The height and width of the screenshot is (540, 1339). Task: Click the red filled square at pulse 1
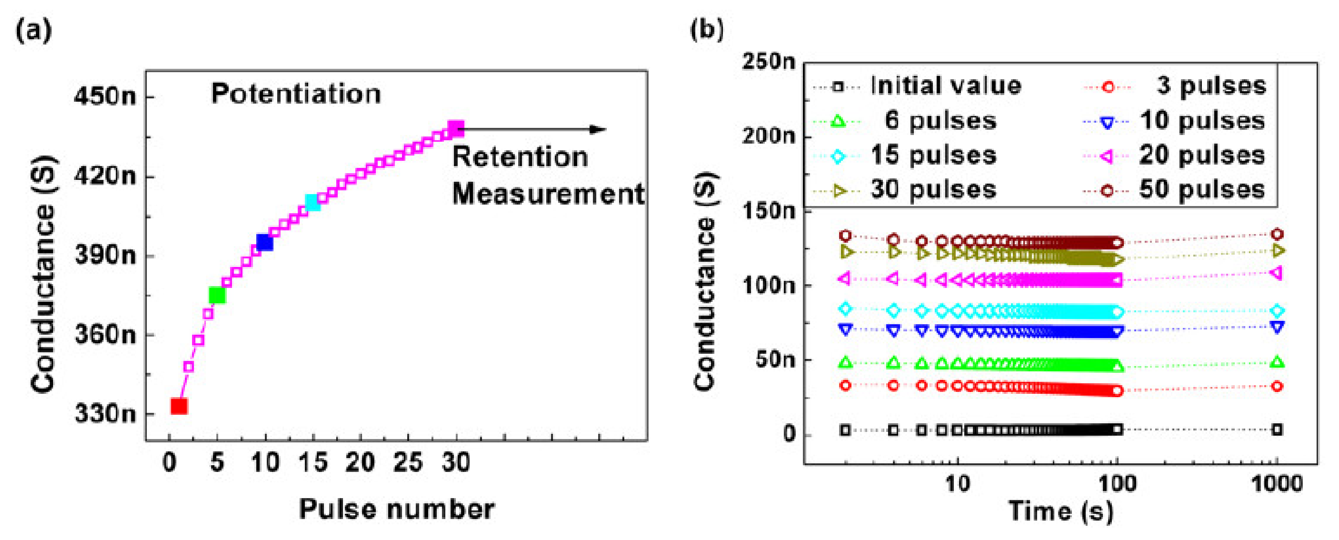pos(179,406)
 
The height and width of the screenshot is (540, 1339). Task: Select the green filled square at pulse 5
pos(217,295)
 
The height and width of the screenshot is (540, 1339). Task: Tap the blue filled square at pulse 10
pos(265,242)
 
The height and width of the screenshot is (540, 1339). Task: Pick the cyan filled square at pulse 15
pos(312,202)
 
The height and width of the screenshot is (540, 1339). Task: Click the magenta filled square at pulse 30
pos(456,129)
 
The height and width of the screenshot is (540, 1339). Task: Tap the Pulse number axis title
pos(397,509)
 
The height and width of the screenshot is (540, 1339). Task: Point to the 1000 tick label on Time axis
pos(1277,484)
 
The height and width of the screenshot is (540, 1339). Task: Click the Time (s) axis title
pos(1060,511)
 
